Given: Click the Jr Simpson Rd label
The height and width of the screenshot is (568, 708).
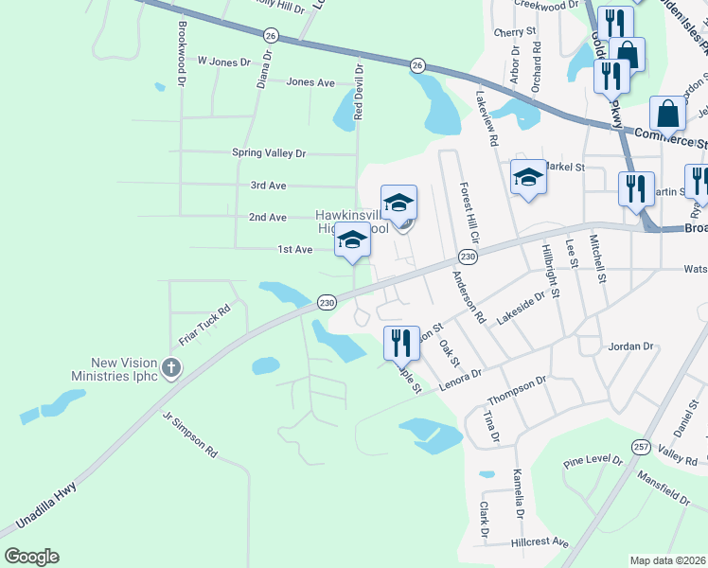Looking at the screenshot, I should (x=190, y=435).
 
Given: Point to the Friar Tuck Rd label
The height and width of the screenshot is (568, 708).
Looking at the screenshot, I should (x=205, y=326).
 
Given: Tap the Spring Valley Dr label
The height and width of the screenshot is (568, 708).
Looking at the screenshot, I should (x=269, y=152).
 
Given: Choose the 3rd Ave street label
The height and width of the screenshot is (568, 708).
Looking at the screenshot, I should (x=268, y=186).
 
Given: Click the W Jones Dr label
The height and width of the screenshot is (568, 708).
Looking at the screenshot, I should (x=223, y=62).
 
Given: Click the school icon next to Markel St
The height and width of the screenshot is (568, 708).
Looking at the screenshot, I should (x=528, y=176).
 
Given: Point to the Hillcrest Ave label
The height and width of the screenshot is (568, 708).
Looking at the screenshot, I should (x=540, y=543).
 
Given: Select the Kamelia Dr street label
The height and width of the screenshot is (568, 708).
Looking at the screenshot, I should (x=518, y=494).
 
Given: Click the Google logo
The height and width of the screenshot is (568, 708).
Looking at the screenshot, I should (x=31, y=557).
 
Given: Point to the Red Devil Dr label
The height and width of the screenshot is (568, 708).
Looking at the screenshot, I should (x=359, y=92).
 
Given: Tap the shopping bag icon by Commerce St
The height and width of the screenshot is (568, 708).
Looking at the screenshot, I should (x=668, y=115).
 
